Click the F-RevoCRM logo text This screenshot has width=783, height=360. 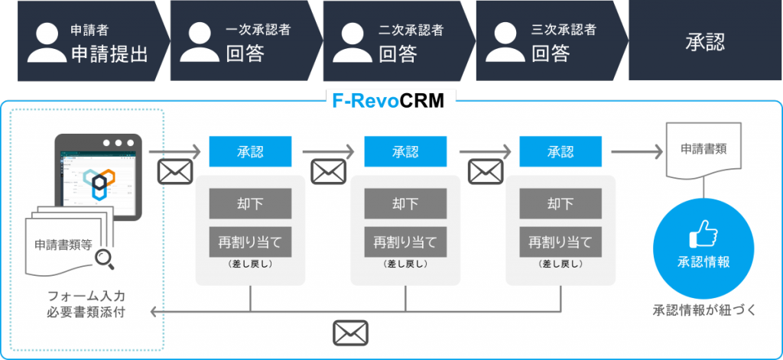point(388,101)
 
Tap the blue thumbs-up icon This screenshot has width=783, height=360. point(703,234)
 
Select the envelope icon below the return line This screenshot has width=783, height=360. point(350,333)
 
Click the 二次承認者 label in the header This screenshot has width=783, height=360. point(411,30)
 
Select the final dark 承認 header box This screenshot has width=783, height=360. point(705,41)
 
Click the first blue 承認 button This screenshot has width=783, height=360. point(250,151)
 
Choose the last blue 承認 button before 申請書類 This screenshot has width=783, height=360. point(560,151)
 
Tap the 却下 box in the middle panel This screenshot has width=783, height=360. point(405,203)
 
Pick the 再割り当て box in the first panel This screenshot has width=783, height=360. point(250,242)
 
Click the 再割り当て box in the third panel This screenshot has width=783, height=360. point(560,242)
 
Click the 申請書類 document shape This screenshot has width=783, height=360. point(703,151)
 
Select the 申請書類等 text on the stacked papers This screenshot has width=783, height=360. point(63,245)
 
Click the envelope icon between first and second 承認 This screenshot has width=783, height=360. point(328,171)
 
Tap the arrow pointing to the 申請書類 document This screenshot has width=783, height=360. point(637,151)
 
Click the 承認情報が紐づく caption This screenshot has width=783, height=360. point(704,310)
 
